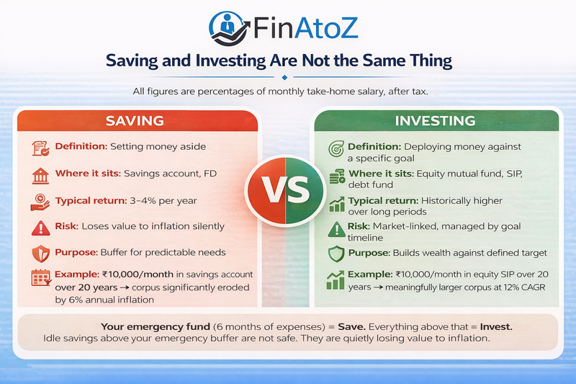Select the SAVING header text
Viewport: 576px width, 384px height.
click(135, 120)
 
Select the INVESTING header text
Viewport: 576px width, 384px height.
click(436, 120)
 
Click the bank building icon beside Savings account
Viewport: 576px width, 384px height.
click(40, 174)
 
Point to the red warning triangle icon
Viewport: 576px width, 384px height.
click(40, 227)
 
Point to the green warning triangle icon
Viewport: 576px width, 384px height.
click(336, 228)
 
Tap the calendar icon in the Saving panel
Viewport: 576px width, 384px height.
click(40, 280)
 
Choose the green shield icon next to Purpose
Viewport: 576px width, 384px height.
click(336, 254)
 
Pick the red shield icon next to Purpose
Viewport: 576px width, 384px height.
click(40, 254)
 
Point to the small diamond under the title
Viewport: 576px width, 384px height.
click(286, 77)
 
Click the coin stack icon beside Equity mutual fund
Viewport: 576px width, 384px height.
click(336, 177)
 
